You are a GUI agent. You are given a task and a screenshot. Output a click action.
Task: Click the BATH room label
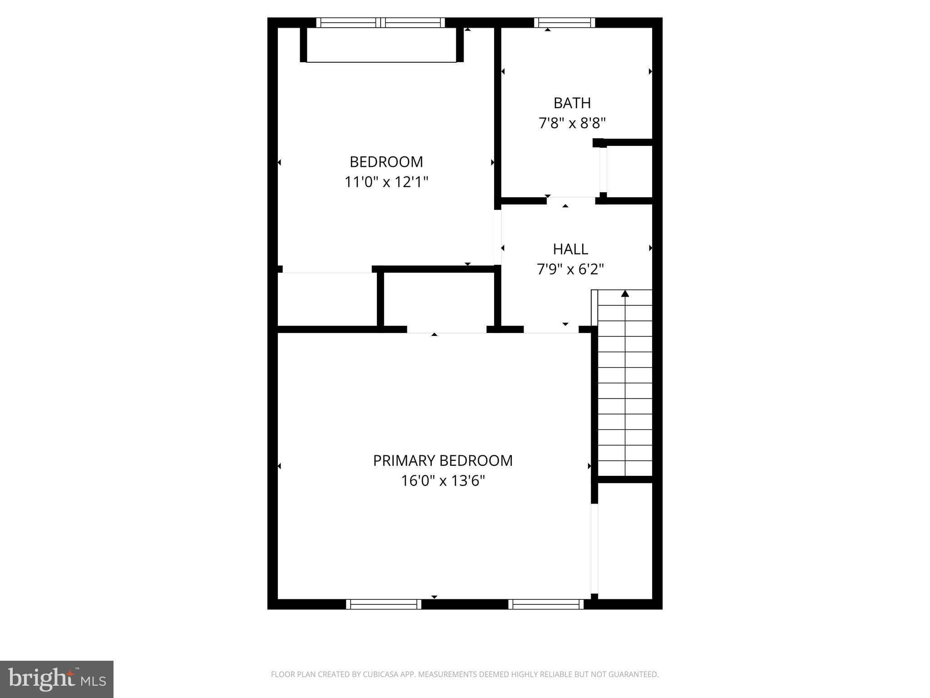coord(572,103)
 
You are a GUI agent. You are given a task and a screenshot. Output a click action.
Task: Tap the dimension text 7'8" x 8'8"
coord(572,123)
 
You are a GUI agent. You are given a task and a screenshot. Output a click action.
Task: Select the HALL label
coord(570,249)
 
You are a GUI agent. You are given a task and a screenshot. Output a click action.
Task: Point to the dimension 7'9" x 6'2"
coord(570,269)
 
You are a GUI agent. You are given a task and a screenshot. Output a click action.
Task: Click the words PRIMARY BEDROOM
coord(443,460)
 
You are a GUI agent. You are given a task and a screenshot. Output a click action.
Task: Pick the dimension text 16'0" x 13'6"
coord(443,481)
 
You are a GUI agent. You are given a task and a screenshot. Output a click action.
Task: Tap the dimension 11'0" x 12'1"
coord(386,182)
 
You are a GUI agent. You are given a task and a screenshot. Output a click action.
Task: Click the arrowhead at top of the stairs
coord(625,294)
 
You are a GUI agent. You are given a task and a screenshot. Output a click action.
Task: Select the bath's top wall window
coord(564,23)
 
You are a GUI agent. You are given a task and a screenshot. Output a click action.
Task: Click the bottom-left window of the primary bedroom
coord(384,604)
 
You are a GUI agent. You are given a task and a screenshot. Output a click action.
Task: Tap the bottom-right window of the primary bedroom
coord(546,604)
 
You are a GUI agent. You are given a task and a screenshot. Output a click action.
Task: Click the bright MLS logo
coord(57,679)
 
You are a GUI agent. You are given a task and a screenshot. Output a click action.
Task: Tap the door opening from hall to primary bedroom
coord(551,329)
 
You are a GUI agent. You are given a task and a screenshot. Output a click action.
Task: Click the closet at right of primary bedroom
coord(625,541)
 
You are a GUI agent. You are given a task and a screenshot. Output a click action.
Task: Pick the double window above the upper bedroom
coord(381,23)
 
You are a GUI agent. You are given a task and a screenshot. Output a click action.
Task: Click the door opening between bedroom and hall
coord(498,237)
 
